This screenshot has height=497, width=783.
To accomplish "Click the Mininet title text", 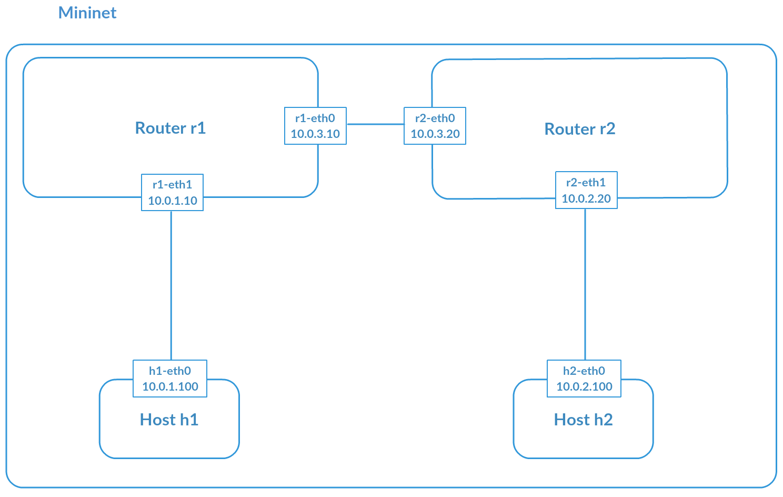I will (x=87, y=13).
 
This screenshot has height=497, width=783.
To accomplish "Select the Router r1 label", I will (x=170, y=128).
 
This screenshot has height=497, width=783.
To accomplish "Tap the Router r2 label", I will (x=579, y=129).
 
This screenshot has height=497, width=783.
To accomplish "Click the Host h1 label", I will (x=169, y=420).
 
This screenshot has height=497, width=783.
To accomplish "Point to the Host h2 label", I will (x=583, y=420).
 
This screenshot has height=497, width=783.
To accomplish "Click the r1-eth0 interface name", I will (x=315, y=118).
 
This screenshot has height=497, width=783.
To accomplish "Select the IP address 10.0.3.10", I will (x=315, y=134).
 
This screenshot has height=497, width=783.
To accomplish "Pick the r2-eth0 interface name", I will (x=435, y=118).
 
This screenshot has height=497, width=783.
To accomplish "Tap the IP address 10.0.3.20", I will (x=435, y=134).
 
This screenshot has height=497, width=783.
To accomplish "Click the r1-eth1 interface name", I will (x=172, y=185).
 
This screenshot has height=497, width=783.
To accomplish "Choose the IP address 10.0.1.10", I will (x=173, y=201).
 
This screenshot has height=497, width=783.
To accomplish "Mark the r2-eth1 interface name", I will (x=586, y=183).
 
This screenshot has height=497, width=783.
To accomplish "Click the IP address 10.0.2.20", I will (x=586, y=198).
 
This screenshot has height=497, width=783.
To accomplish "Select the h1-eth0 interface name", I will (x=169, y=371).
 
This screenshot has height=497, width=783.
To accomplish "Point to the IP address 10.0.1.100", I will (x=170, y=386).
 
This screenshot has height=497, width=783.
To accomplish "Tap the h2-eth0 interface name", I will (x=584, y=371).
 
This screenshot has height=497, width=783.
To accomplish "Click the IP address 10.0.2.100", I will (x=584, y=386).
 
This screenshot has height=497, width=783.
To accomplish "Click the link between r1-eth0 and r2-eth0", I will (x=375, y=124).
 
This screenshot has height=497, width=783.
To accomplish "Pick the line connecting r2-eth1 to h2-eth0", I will (x=585, y=284).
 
